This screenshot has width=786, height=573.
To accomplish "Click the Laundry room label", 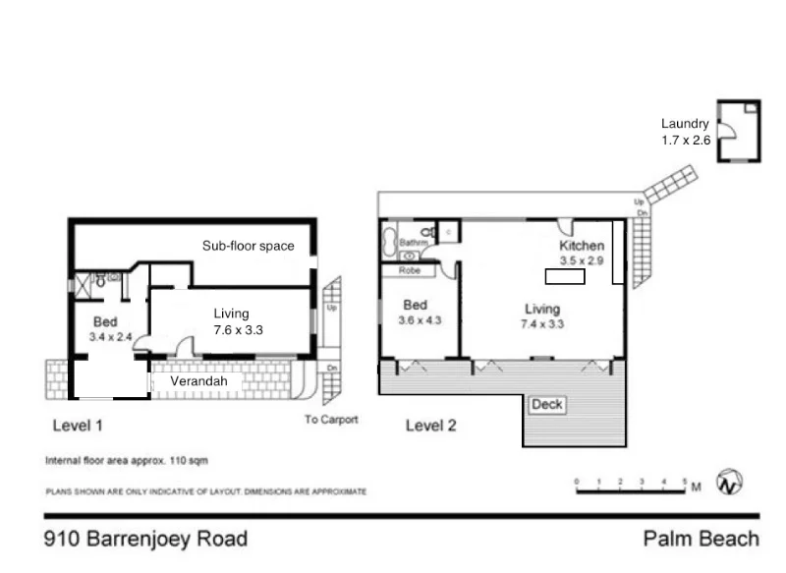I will point(685,124).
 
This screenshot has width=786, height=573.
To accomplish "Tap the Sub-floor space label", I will point(248,246).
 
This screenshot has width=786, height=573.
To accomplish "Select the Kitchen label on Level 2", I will point(581,246).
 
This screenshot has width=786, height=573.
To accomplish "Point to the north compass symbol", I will point(730,483).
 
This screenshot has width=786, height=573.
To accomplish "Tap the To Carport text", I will point(331,420).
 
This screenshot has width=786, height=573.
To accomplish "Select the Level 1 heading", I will point(78,427).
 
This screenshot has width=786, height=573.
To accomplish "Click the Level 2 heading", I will point(431,427).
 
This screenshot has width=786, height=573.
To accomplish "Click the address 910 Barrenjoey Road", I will point(146,539).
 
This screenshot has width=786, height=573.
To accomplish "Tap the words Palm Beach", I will point(701,539).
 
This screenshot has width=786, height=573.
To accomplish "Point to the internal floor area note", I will point(127,460).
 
